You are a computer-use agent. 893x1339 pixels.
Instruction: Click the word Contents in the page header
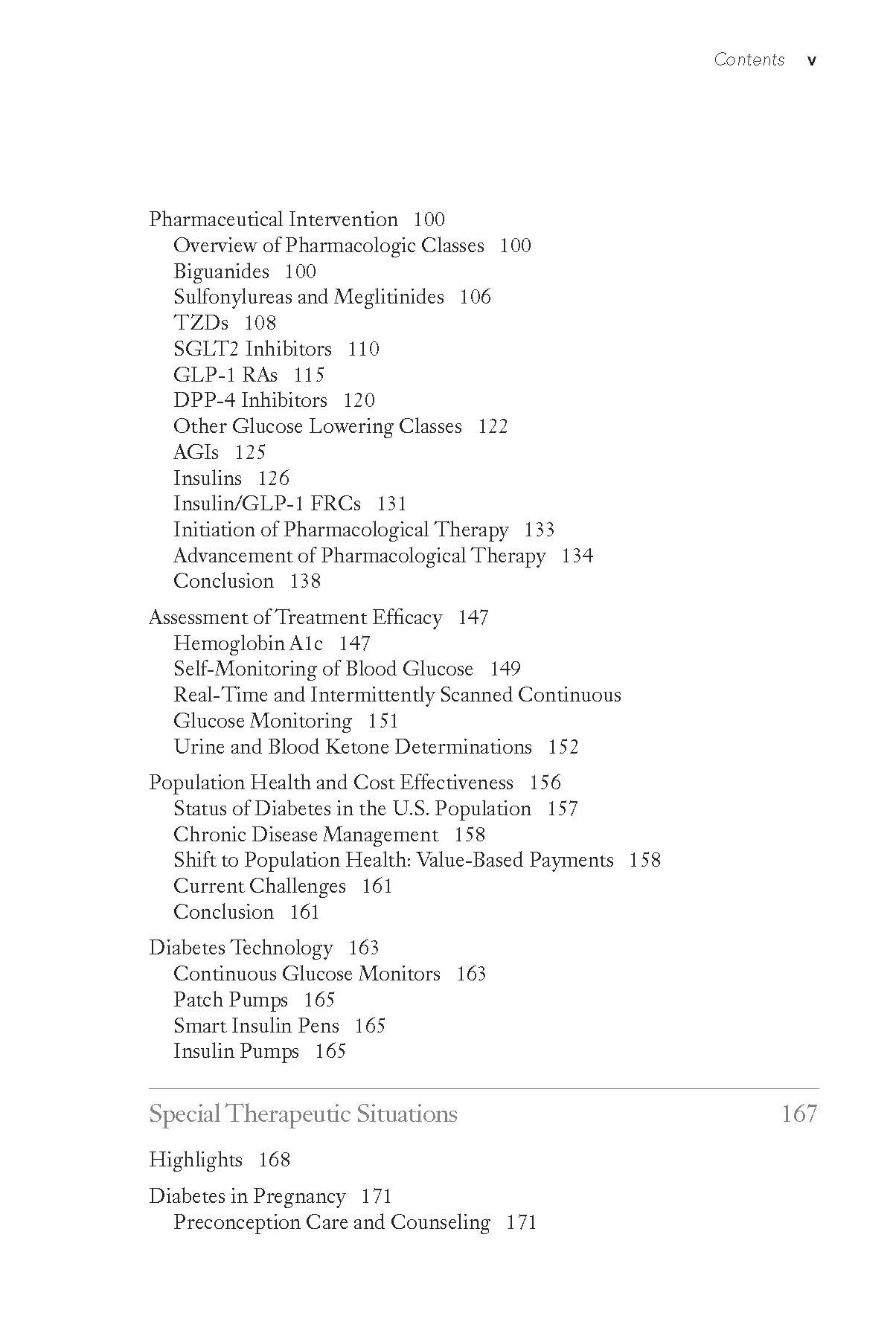tap(749, 60)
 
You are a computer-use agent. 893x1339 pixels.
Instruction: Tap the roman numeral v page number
tap(811, 61)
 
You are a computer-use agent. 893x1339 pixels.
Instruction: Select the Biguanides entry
tap(221, 272)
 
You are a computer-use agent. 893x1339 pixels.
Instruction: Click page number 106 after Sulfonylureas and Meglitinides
tap(475, 297)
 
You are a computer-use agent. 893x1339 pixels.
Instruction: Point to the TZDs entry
tap(201, 323)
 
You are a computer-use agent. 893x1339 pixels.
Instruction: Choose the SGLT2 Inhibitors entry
tap(252, 349)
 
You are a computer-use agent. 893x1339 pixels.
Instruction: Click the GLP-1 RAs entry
tap(225, 375)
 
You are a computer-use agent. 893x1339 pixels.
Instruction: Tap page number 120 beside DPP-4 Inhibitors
tap(359, 400)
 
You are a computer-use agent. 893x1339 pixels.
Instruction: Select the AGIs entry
tap(196, 452)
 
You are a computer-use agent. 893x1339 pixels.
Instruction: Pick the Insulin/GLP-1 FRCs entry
tap(266, 504)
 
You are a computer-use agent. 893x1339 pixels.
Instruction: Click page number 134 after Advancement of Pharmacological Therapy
tap(577, 556)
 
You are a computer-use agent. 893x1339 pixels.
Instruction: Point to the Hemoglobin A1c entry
tap(248, 643)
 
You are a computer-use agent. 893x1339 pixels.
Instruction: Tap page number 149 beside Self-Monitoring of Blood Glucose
tap(505, 669)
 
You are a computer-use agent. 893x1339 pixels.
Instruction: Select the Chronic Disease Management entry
tap(306, 835)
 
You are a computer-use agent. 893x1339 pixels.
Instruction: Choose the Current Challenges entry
tap(259, 886)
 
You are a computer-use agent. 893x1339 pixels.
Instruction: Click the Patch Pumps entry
tap(231, 1000)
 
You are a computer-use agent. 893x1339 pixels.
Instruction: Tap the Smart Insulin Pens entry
tap(256, 1026)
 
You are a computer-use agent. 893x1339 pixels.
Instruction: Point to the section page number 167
tap(799, 1114)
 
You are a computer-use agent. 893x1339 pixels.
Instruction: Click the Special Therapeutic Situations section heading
tap(303, 1114)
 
